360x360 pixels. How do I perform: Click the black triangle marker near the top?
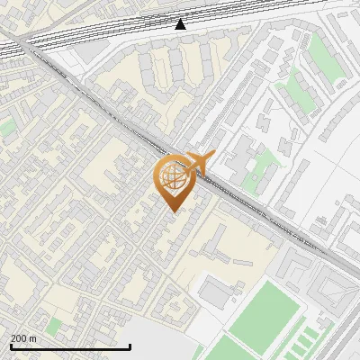pos(181,24)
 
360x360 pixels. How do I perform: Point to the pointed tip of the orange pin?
pos(172,211)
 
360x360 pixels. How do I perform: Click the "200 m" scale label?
pos(23,338)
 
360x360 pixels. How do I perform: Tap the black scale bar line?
pos(70,346)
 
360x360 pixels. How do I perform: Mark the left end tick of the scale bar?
pos(11,346)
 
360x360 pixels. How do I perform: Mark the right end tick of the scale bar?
pos(130,346)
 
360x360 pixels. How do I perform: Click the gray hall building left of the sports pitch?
pos(215,292)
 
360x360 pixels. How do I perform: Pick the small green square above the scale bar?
pos(55,324)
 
